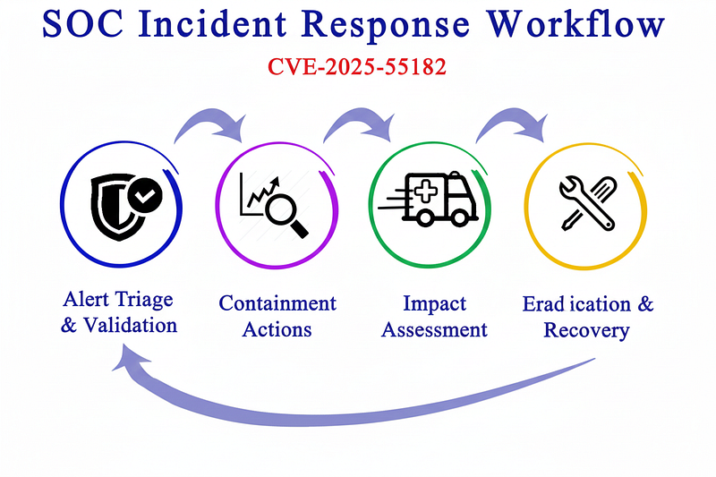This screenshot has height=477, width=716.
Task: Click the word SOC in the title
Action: [x=82, y=23]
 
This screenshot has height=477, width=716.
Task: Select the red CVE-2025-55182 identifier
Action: [x=356, y=66]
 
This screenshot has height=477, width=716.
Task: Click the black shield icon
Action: [x=116, y=208]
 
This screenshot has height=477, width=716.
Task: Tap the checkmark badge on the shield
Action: [x=145, y=195]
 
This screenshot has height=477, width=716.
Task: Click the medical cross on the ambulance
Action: [x=426, y=191]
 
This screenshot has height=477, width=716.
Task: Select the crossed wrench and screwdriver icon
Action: [x=588, y=203]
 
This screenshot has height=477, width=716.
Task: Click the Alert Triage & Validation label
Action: [x=119, y=312]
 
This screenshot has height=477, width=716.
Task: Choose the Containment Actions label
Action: [x=277, y=316]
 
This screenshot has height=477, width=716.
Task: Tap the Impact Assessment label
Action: [x=434, y=316]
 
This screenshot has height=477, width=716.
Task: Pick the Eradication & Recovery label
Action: [x=588, y=317]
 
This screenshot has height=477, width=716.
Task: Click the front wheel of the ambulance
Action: [x=459, y=217]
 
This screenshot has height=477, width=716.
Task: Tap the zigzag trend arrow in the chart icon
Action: [x=263, y=192]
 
